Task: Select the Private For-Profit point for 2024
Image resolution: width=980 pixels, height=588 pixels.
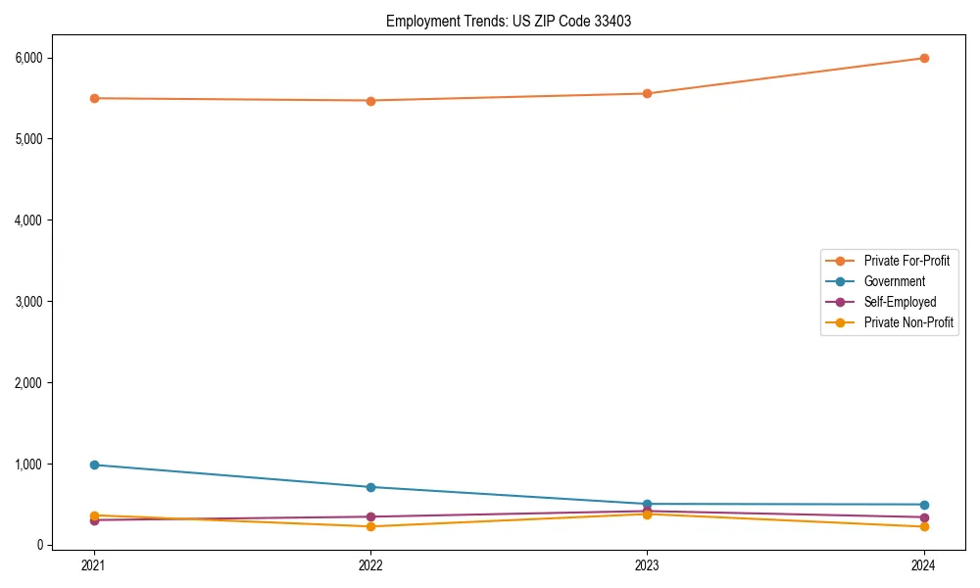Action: tap(924, 58)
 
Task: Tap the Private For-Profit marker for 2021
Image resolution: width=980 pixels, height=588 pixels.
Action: tap(94, 98)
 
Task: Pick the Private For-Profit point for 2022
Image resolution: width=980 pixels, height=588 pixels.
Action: tap(370, 100)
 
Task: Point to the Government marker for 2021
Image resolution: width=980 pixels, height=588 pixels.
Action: tap(94, 465)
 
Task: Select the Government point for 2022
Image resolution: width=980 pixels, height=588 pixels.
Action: tap(370, 487)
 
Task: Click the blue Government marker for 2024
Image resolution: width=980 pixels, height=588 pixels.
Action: tap(924, 505)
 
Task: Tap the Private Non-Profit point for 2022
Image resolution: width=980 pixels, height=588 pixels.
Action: tap(370, 526)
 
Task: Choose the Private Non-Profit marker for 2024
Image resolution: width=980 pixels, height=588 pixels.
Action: tap(924, 526)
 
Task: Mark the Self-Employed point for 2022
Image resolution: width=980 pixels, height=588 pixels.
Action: tap(370, 516)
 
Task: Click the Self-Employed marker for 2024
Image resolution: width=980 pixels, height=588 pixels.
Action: tap(924, 517)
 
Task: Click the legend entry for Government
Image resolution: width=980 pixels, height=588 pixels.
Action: tap(894, 281)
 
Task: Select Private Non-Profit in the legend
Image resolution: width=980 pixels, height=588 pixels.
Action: tap(908, 322)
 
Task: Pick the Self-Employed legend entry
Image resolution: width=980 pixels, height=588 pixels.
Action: tap(900, 302)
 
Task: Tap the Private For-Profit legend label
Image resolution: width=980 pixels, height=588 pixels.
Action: tap(906, 261)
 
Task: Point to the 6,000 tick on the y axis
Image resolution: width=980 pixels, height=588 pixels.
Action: tap(29, 58)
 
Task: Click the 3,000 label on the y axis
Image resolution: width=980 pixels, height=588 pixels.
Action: tap(29, 302)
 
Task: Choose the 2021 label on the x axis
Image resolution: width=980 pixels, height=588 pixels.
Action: tap(94, 564)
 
